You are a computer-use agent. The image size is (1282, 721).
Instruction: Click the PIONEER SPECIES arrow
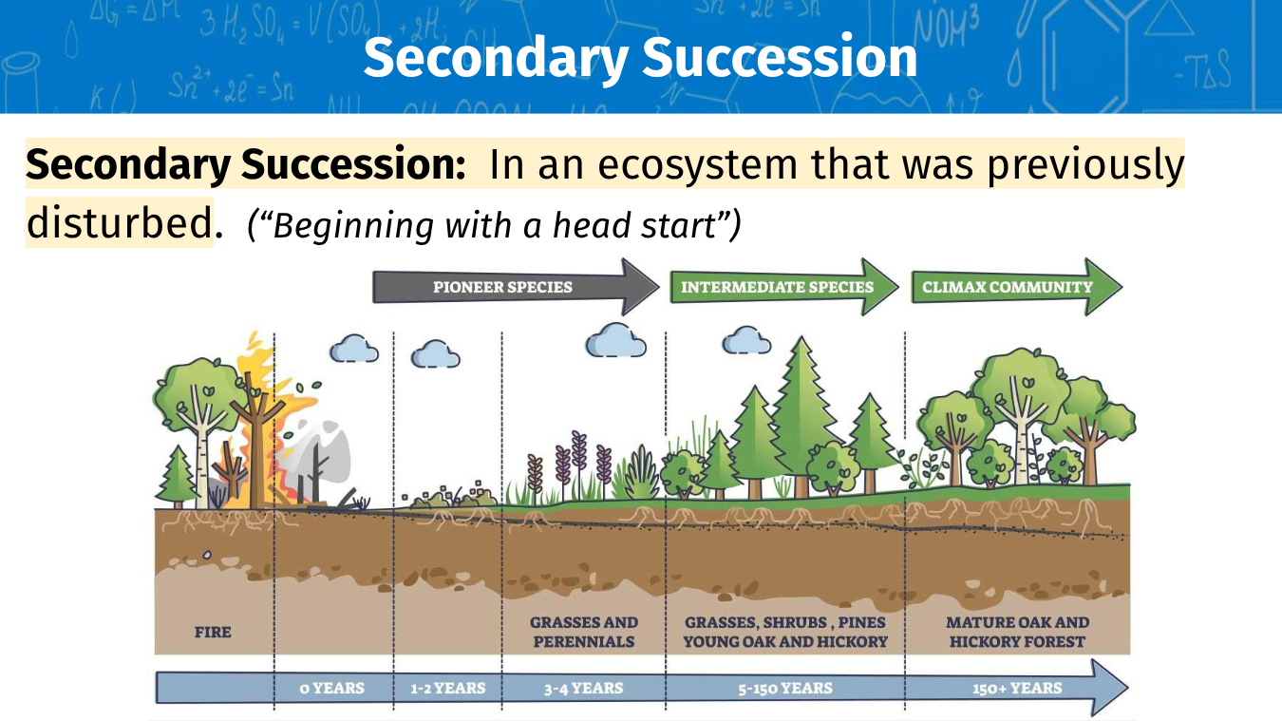click(x=516, y=287)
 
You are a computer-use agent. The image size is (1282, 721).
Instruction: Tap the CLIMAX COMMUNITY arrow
click(x=1017, y=287)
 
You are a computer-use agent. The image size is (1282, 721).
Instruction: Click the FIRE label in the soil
click(x=213, y=633)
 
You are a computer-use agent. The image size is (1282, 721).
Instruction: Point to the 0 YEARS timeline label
click(x=332, y=688)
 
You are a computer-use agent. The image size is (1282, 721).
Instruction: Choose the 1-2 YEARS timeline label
click(x=447, y=688)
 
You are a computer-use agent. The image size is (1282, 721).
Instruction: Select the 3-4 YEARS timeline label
click(x=583, y=688)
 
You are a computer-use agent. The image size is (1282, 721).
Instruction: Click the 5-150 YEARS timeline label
click(x=785, y=688)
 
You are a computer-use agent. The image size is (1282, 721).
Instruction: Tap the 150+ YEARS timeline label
click(x=1017, y=688)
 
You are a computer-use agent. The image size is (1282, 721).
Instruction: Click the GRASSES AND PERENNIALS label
click(x=584, y=632)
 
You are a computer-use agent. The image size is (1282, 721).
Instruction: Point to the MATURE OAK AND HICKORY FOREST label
click(x=1018, y=632)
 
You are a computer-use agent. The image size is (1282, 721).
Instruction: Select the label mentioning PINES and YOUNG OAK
click(x=785, y=632)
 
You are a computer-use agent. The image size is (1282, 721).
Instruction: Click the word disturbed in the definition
click(x=120, y=223)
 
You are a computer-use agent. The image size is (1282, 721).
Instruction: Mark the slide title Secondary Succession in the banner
click(x=640, y=57)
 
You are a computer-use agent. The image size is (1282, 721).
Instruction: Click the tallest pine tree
click(x=801, y=417)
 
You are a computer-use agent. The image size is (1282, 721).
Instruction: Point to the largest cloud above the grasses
click(x=615, y=340)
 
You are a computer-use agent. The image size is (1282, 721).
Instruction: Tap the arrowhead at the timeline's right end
click(x=1110, y=687)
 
